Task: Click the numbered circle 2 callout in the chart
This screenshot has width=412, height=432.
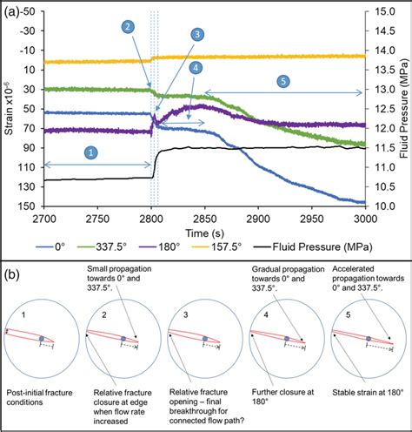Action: point(128,27)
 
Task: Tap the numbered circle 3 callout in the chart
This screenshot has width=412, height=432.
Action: point(197,35)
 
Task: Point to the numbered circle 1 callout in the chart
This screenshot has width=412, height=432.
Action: point(90,152)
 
